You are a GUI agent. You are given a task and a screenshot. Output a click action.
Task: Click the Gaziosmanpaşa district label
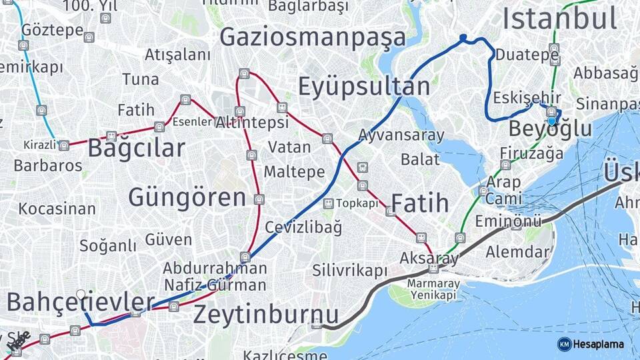tap(313, 37)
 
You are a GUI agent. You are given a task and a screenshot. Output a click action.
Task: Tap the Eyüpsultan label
tap(364, 87)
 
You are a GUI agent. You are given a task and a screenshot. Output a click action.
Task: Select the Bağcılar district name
tap(136, 147)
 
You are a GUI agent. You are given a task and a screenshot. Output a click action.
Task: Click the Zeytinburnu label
tap(266, 315)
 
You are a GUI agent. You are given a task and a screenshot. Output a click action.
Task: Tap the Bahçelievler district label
tap(81, 302)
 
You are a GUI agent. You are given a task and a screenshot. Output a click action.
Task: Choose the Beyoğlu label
tap(550, 129)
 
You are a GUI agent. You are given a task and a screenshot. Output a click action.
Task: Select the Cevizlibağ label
tap(303, 227)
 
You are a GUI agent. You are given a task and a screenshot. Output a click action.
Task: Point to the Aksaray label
tap(429, 257)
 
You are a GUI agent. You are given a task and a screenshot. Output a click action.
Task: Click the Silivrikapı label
tap(350, 271)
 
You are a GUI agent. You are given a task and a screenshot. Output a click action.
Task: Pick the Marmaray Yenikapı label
tap(433, 289)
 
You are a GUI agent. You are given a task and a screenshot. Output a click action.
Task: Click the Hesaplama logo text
tap(599, 344)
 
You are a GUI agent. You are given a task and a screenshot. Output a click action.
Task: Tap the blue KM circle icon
tap(564, 344)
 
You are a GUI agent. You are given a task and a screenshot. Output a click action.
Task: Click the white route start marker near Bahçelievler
tap(81, 294)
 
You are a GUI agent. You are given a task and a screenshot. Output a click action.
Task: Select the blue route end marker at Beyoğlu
tap(552, 121)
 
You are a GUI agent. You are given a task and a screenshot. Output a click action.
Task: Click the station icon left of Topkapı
tap(328, 203)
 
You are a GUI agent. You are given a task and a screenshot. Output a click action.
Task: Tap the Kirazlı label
tap(41, 145)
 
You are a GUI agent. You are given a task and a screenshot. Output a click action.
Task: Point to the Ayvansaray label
tap(401, 135)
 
